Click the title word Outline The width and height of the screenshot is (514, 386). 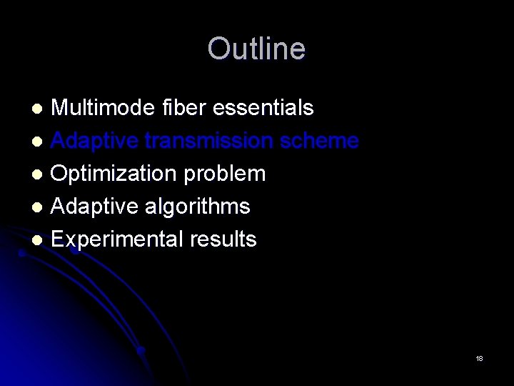coord(256,49)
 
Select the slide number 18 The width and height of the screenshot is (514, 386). coord(479,358)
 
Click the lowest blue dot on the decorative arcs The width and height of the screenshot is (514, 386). coord(141,350)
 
